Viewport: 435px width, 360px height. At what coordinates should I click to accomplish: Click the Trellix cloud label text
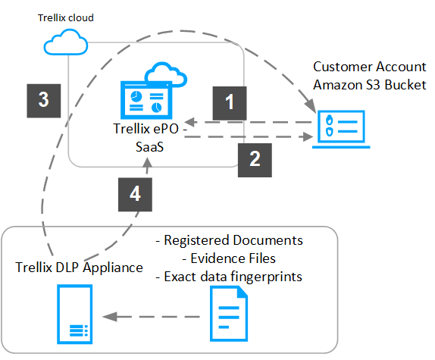[x=66, y=17]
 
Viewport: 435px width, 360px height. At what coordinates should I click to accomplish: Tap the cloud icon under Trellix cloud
[x=66, y=42]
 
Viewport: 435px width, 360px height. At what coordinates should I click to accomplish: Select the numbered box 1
[x=230, y=103]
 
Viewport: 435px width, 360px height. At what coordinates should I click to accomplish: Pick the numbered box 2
[x=255, y=160]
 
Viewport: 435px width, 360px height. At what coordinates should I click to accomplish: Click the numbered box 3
[x=43, y=101]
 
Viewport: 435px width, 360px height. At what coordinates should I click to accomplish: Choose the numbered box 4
[x=135, y=195]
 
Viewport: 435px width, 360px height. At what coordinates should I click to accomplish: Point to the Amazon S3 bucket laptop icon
[x=341, y=130]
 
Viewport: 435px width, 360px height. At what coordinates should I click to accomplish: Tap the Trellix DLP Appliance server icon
[x=74, y=315]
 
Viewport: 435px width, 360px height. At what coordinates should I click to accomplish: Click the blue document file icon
[x=229, y=314]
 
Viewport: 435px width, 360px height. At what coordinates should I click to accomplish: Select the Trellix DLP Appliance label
[x=79, y=268]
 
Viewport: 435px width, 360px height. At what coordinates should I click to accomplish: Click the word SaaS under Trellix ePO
[x=149, y=147]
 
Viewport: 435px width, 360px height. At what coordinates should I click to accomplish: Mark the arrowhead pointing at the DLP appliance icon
[x=110, y=317]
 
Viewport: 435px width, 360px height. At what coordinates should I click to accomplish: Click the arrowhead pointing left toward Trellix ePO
[x=191, y=122]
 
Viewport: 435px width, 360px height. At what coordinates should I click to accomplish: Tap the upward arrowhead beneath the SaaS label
[x=147, y=162]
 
